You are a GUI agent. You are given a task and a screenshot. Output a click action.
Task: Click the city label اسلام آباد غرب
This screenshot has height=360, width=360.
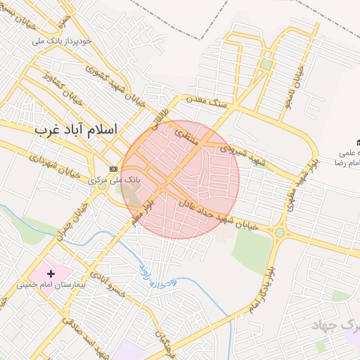77,130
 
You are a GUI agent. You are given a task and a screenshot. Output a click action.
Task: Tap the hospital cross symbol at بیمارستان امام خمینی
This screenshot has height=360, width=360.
51,273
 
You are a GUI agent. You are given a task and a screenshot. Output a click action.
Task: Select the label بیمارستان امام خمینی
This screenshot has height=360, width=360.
52,285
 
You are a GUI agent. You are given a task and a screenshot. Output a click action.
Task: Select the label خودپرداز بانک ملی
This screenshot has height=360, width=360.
63,41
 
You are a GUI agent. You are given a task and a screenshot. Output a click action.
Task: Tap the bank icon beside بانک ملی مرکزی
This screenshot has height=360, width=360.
114,169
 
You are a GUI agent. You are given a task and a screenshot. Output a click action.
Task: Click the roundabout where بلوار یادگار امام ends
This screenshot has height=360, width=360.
280,233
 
